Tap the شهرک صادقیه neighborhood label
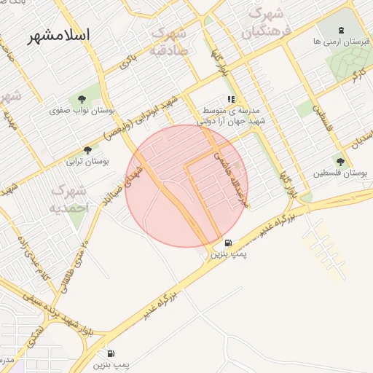coord(169,42)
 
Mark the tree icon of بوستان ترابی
coord(87,151)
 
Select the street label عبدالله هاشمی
coord(230,172)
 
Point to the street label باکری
coord(128,61)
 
